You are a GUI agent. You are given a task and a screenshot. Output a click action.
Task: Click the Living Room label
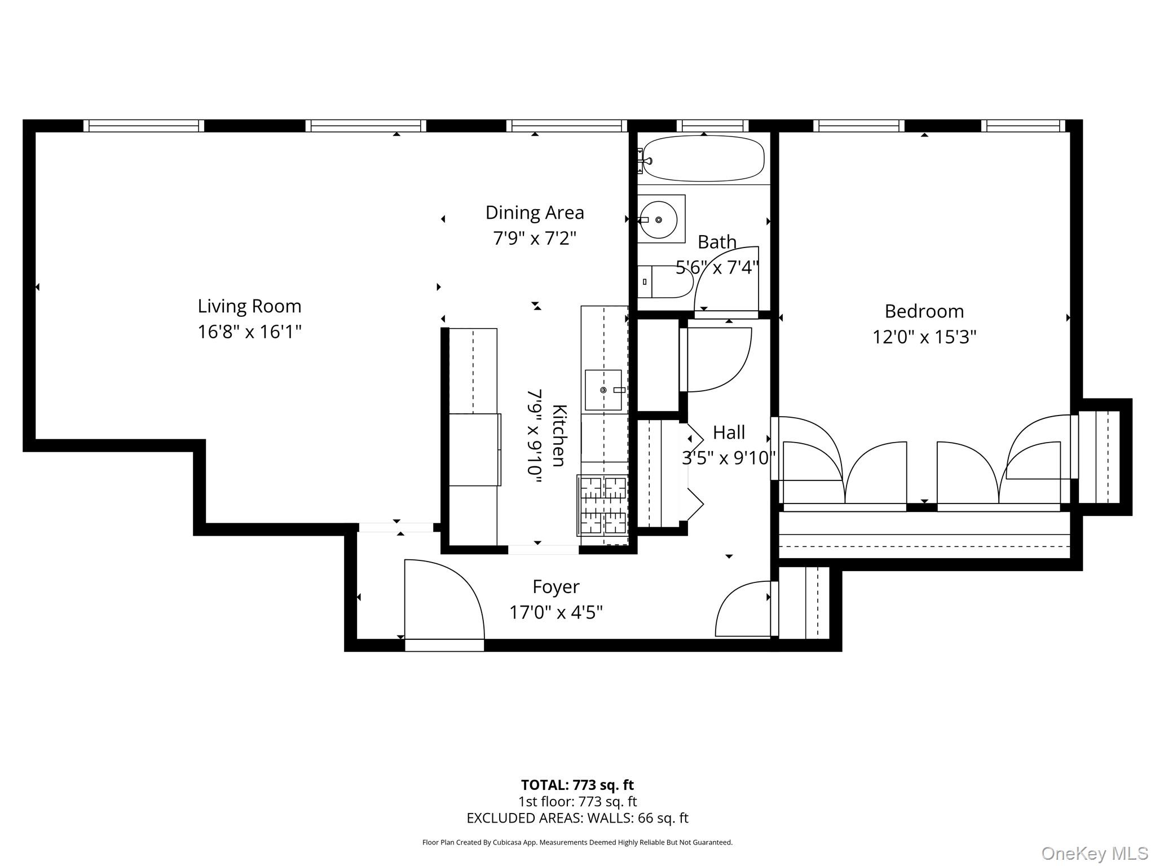point(249,306)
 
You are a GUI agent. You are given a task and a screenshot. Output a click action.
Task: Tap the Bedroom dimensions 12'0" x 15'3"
point(924,337)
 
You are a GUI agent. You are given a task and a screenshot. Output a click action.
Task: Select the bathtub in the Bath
point(703,158)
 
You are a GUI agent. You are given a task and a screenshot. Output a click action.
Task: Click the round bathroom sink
point(659,219)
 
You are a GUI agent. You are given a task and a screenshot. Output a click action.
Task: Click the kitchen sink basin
point(603,390)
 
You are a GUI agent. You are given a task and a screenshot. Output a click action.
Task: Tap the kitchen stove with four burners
point(603,506)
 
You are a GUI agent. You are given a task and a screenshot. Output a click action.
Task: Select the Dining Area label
point(534,213)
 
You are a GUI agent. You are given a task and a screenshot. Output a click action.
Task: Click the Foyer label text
point(556,587)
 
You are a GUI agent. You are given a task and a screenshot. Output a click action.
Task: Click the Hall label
point(729,432)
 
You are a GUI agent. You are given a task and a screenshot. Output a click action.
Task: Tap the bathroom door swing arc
point(728,279)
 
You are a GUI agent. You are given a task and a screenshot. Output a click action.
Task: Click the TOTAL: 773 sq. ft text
point(577,785)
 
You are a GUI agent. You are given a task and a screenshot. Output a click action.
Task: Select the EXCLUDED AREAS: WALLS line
point(577,818)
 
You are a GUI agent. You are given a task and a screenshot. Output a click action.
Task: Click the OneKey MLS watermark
point(1094,854)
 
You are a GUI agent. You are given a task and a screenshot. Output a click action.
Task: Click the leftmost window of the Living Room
point(144,125)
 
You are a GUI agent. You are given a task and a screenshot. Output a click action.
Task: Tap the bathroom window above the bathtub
point(712,125)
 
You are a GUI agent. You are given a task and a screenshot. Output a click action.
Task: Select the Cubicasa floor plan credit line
point(577,842)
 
